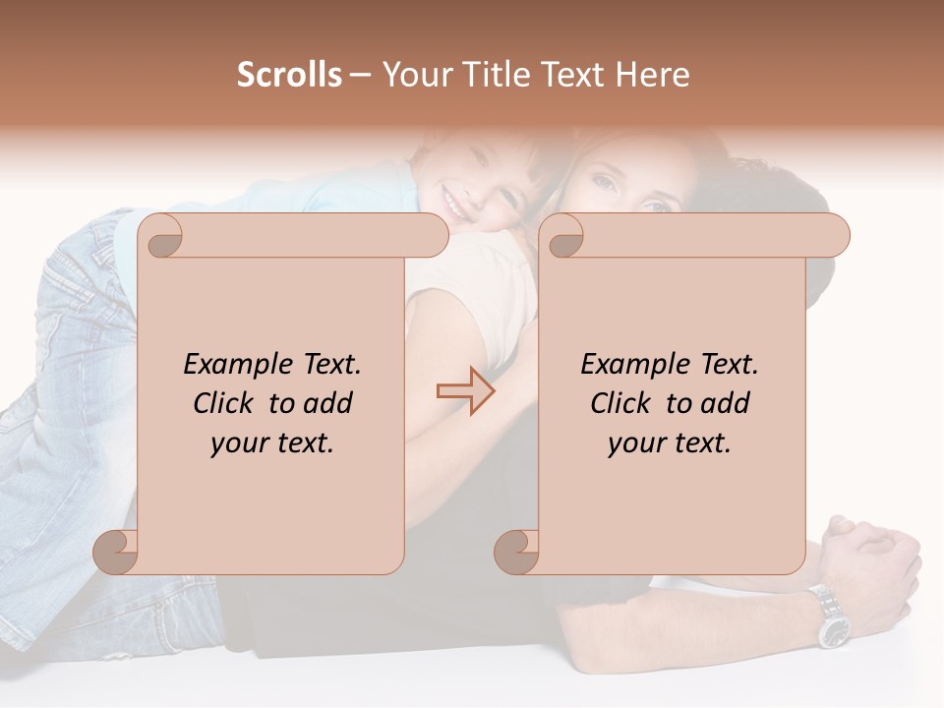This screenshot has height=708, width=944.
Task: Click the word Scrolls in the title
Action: (289, 75)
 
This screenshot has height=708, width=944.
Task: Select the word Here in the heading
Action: (653, 75)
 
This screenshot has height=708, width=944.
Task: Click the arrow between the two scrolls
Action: (466, 390)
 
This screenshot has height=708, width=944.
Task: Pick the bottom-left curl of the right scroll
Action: (518, 551)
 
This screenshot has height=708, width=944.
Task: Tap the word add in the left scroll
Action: (329, 403)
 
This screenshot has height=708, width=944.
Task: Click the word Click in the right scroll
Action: (620, 403)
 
